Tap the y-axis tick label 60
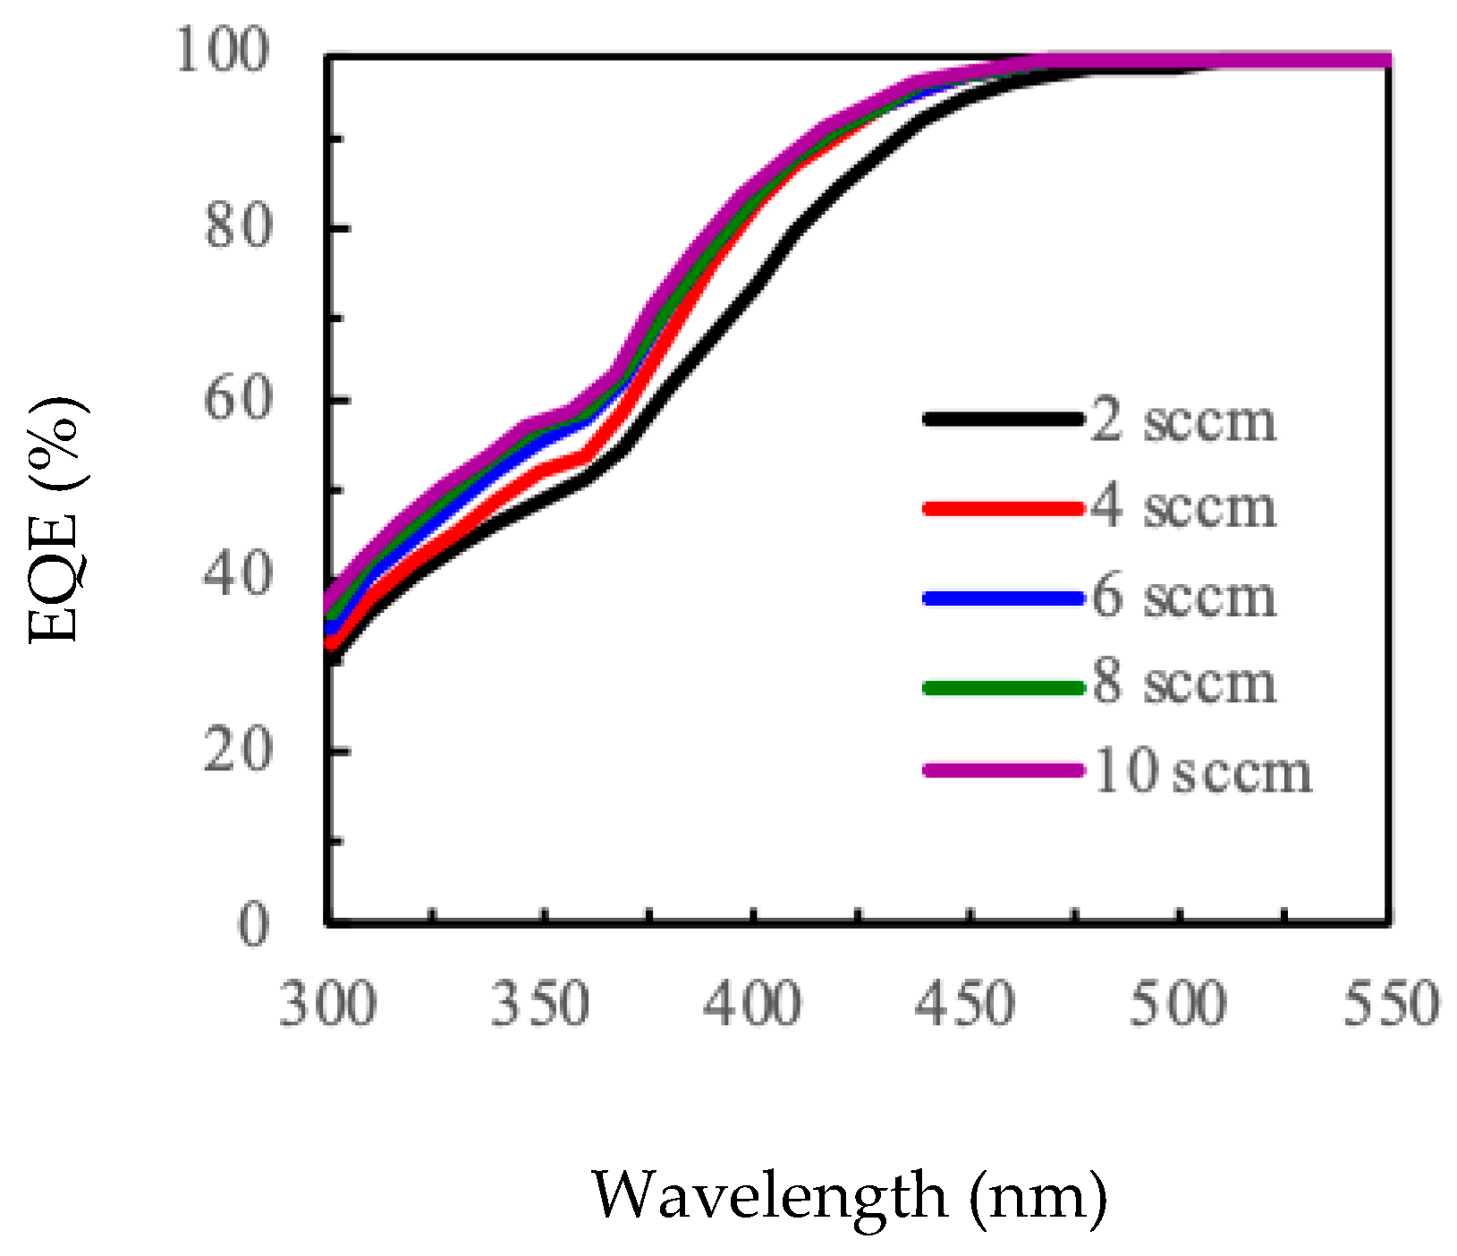(237, 399)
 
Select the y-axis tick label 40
(237, 573)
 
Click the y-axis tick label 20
(237, 750)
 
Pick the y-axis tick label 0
(253, 924)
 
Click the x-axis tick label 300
(327, 1004)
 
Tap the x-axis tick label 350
(540, 1004)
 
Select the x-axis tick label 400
(752, 1004)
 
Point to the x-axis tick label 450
(965, 1004)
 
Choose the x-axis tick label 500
(1177, 1004)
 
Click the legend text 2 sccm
(1183, 420)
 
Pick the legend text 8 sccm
(1183, 683)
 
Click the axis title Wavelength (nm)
(849, 1196)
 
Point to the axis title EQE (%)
(55, 520)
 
